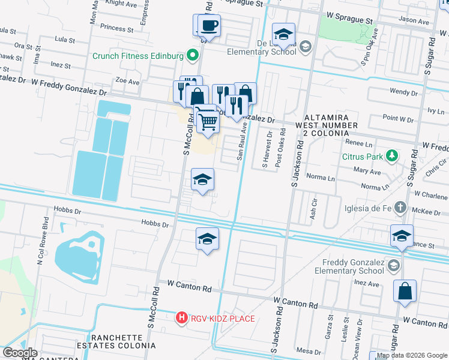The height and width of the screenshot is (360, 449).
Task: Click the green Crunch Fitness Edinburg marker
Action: coord(192,56)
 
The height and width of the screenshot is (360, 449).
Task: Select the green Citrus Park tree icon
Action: coord(392,157)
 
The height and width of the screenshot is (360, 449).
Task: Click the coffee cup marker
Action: coord(209,26)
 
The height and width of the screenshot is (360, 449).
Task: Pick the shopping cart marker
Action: coord(208,121)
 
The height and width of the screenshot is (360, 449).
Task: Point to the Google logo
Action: coord(20,353)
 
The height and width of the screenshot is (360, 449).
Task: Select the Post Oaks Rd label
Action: coord(279,152)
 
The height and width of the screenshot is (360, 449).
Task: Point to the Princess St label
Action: coord(117,28)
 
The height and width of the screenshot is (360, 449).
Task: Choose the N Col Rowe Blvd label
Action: coord(42,239)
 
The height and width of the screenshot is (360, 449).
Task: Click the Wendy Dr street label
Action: coord(403,92)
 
